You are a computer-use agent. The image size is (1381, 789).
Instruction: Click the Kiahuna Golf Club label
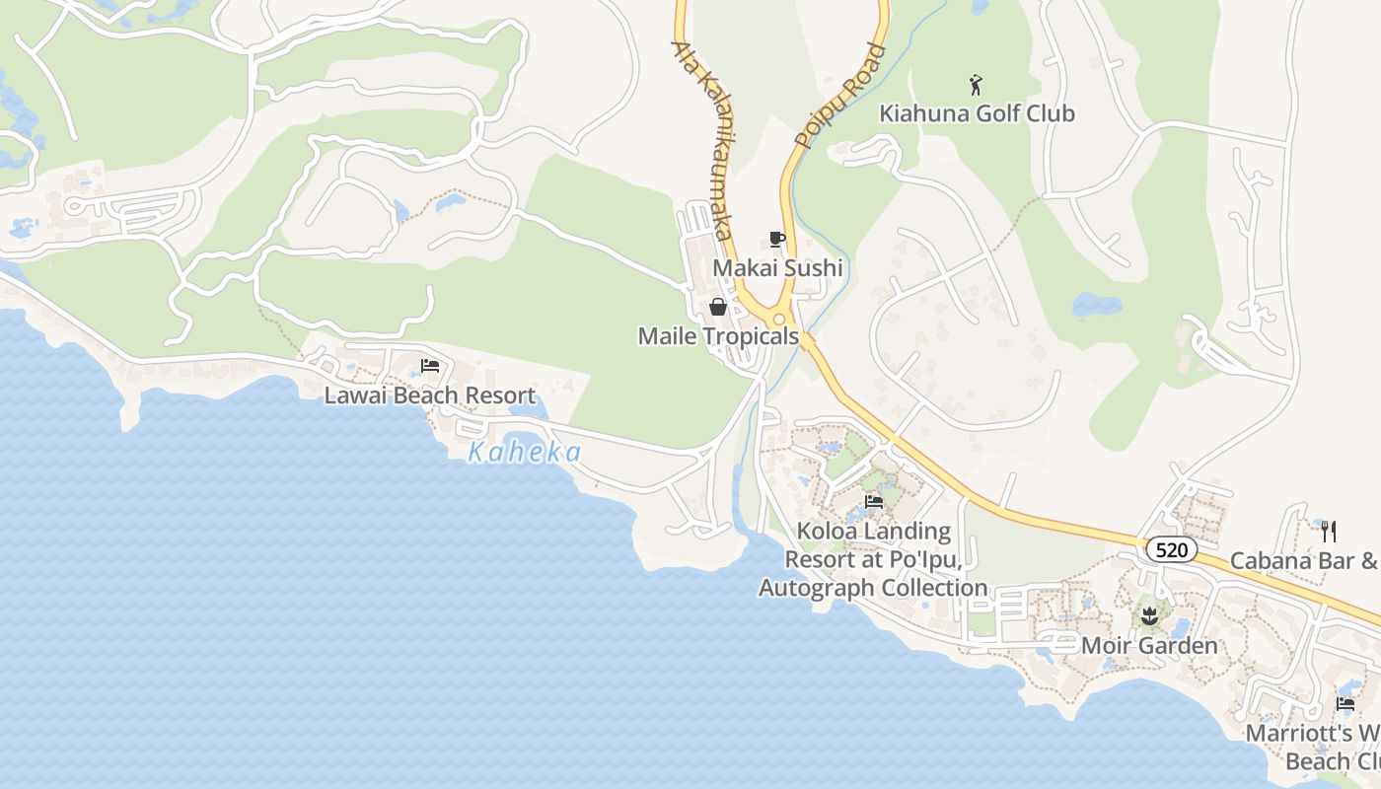(977, 113)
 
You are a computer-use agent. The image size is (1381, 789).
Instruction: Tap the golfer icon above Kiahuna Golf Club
(976, 85)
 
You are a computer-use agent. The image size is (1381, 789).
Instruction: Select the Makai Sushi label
(777, 268)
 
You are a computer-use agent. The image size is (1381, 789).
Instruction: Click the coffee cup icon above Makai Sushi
(777, 239)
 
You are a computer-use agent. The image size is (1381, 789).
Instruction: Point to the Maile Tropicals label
(718, 336)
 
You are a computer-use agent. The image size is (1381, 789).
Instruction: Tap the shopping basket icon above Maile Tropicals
(718, 307)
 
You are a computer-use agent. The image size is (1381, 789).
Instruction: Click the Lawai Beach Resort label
(430, 395)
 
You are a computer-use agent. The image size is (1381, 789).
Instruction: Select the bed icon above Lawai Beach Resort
(430, 366)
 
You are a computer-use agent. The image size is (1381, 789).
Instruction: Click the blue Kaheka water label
(524, 453)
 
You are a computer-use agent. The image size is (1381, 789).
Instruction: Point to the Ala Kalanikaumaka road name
(701, 139)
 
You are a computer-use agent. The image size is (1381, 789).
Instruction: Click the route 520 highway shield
(1171, 549)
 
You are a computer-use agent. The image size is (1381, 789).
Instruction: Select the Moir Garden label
(1149, 646)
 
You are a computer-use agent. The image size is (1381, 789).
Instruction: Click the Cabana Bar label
(1302, 561)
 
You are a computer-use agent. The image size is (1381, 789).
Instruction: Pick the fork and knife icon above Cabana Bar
(1328, 532)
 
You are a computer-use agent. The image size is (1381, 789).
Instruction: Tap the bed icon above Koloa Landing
(873, 501)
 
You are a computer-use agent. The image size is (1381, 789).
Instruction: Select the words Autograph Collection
(873, 589)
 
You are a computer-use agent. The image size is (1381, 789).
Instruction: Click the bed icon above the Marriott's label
(1345, 704)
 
